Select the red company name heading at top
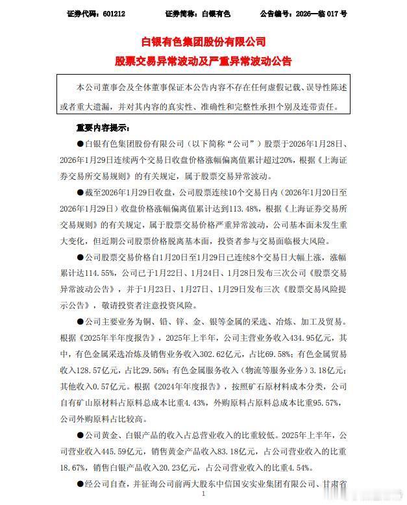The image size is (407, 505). (203, 42)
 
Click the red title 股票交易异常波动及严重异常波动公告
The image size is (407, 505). (203, 62)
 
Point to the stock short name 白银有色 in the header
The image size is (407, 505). (217, 13)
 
